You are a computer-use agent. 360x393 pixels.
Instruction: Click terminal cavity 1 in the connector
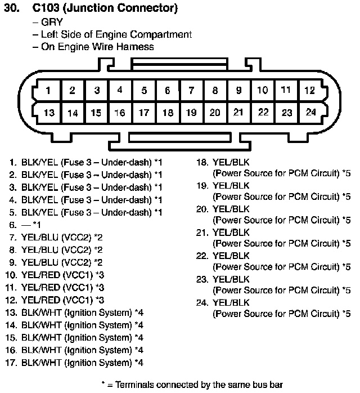click(x=48, y=90)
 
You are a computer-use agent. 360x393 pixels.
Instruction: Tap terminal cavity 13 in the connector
click(x=48, y=113)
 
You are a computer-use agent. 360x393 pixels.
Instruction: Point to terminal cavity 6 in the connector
click(x=168, y=90)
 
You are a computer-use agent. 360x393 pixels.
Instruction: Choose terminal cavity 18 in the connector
click(x=168, y=113)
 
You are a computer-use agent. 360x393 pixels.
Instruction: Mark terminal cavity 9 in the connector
click(x=239, y=90)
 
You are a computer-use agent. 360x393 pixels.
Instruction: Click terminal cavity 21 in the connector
click(x=238, y=112)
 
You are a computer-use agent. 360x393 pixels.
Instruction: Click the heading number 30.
click(x=12, y=8)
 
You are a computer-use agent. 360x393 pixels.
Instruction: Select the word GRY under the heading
click(x=52, y=22)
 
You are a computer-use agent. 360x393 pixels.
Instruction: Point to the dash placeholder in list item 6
click(x=26, y=225)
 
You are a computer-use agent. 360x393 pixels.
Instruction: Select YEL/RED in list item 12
click(x=41, y=300)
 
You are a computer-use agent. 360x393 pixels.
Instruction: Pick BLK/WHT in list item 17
click(x=41, y=363)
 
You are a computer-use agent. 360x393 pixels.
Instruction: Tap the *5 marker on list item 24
click(x=346, y=314)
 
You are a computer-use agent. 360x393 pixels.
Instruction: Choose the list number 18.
click(x=202, y=162)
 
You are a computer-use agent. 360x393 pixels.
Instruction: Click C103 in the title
click(x=46, y=8)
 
